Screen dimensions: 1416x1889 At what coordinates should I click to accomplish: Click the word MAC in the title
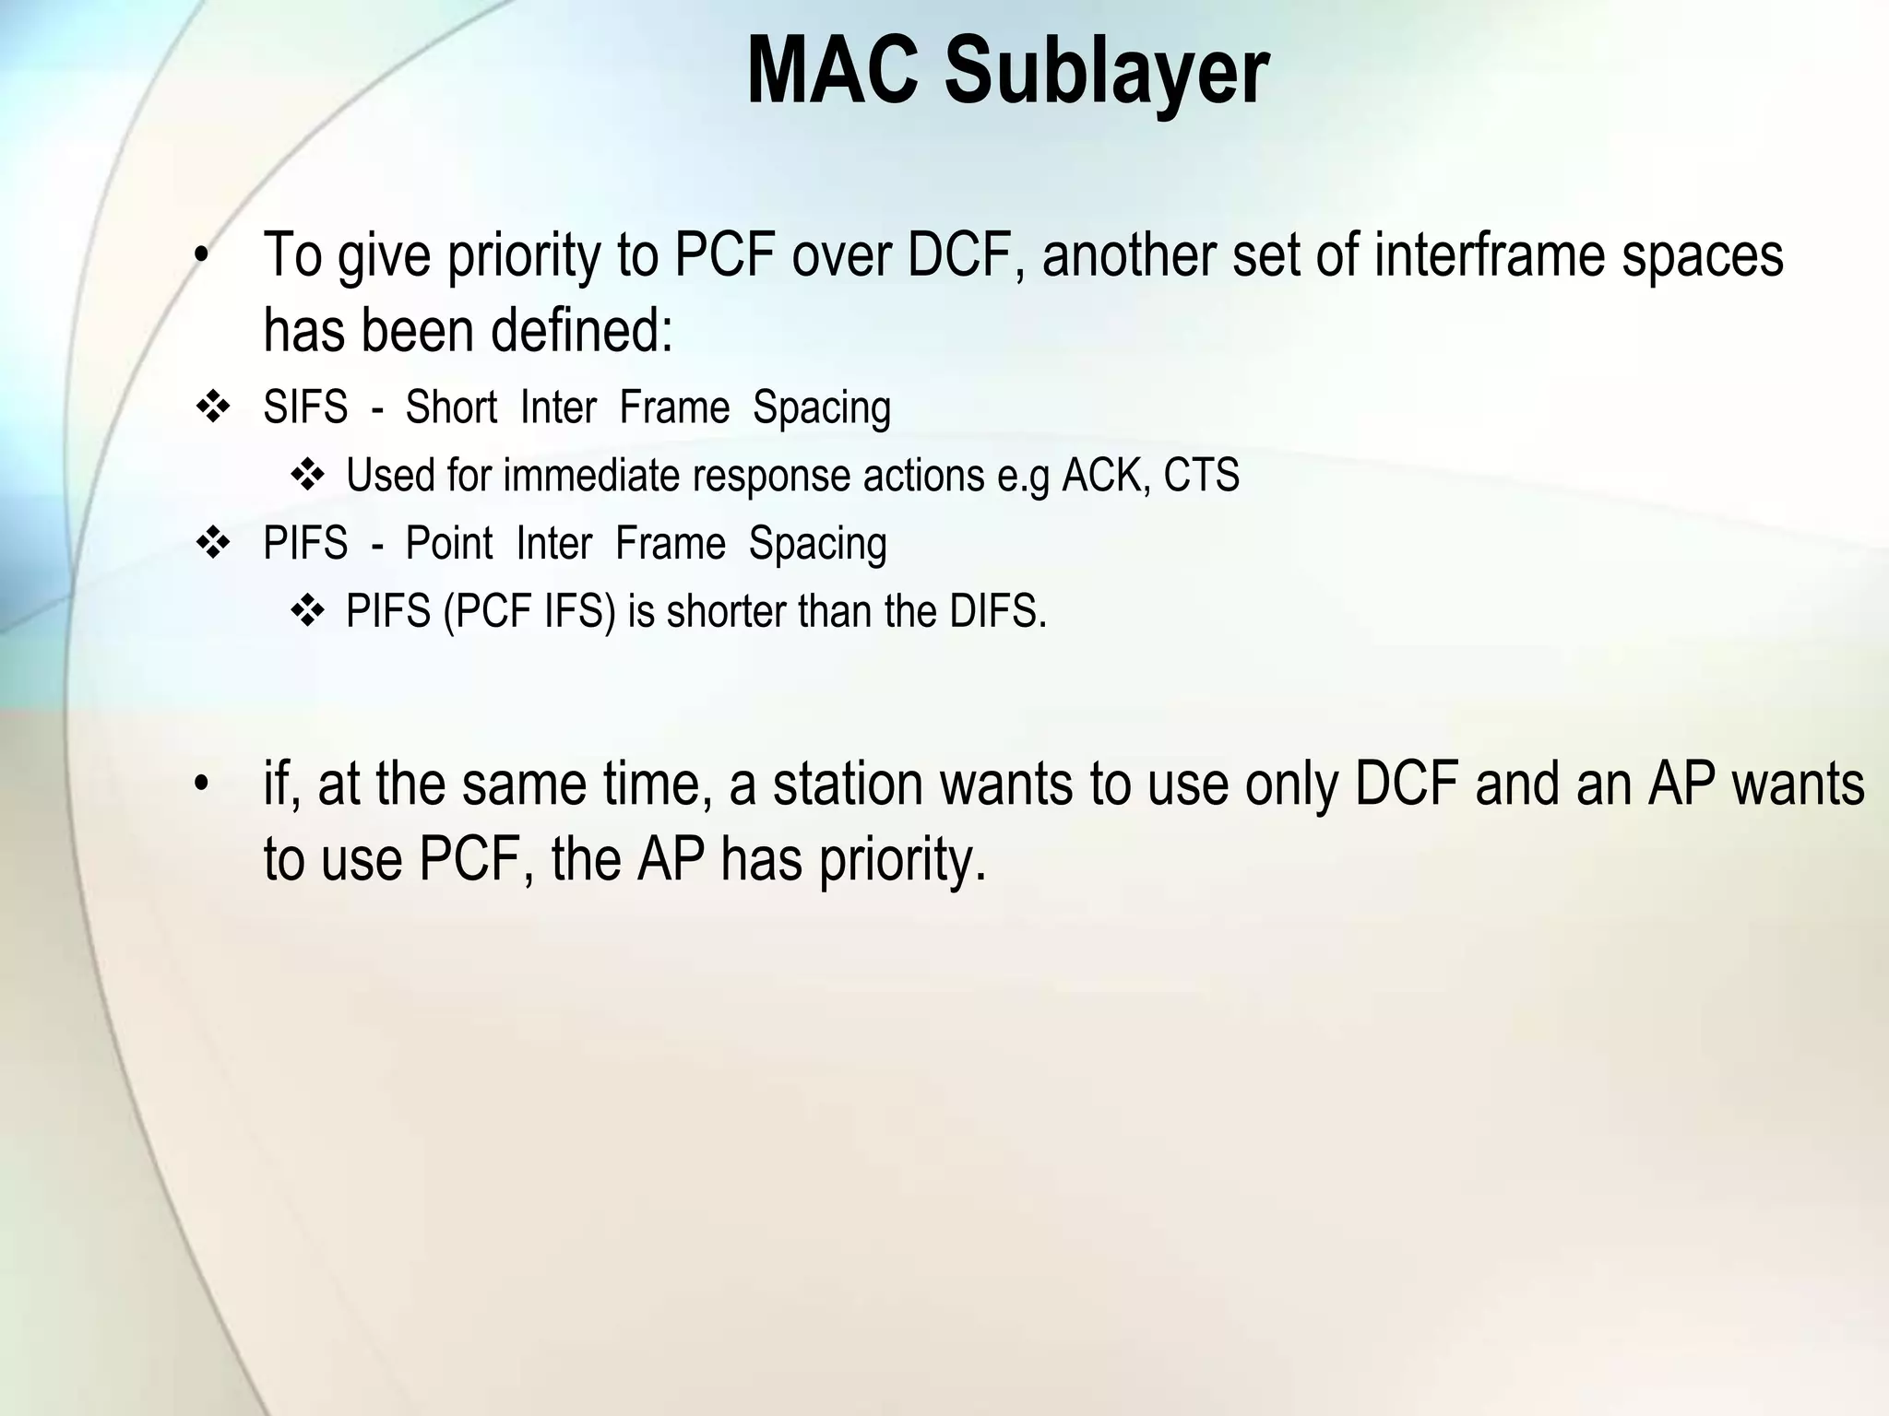click(832, 71)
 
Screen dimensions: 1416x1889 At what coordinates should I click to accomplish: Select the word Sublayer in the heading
click(1106, 71)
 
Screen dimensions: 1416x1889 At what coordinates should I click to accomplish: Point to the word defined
click(582, 330)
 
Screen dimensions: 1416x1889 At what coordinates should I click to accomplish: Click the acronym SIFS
click(305, 407)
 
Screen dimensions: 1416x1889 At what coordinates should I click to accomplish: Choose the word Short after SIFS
click(451, 407)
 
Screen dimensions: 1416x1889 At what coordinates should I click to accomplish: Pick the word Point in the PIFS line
click(449, 543)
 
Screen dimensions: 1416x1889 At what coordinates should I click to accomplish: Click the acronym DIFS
click(998, 611)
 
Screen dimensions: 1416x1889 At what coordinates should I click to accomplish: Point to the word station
click(848, 785)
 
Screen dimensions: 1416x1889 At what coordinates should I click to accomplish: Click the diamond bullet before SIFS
click(213, 407)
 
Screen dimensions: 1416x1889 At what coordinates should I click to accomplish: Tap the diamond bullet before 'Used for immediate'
click(307, 476)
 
